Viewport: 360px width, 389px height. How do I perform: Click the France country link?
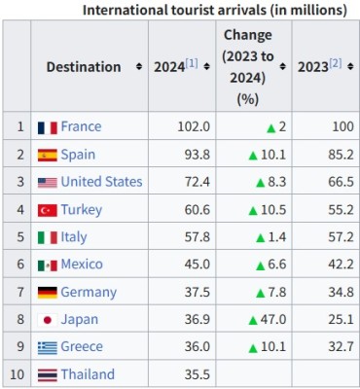81,126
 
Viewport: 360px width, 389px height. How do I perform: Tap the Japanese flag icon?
48,320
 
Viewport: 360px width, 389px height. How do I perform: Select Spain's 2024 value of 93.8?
198,155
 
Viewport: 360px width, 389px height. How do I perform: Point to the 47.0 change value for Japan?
273,320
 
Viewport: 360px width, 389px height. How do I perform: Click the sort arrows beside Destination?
139,67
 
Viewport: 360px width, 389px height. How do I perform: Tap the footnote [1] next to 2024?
192,63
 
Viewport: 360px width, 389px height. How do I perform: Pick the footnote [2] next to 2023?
336,63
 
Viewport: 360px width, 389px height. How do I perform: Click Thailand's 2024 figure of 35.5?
198,374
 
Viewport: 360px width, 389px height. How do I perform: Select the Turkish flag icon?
48,210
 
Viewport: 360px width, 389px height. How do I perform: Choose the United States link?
101,182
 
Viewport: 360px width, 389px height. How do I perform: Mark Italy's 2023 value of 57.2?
341,237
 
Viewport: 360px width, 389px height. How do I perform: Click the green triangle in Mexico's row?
261,266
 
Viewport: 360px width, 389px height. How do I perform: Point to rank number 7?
20,292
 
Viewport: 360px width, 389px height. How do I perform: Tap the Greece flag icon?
48,348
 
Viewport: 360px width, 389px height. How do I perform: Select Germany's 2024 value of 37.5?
198,293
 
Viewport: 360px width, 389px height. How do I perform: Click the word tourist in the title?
193,11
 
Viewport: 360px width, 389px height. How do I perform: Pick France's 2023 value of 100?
342,126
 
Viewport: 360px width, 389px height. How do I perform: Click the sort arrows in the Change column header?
283,67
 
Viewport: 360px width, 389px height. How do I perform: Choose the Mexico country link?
82,265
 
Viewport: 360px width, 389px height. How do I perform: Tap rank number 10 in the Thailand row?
18,374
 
